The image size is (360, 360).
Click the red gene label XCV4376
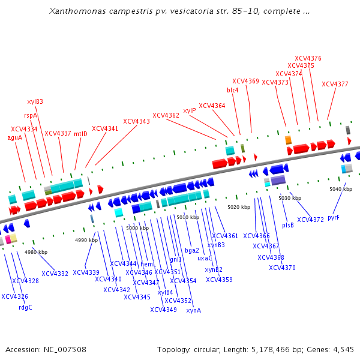coord(309,58)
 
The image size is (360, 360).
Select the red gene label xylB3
coord(35,101)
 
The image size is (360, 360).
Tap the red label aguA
coord(15,137)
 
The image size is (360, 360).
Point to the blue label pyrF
coord(334,217)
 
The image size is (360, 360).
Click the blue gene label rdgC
coord(25,308)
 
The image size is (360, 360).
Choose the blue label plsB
coord(288,225)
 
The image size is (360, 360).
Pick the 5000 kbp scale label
coord(137,228)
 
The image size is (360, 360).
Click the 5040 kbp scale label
coord(340,189)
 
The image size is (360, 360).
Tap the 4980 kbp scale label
coord(36,252)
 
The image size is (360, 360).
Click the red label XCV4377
coord(335,84)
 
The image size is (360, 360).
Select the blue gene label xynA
coord(194,310)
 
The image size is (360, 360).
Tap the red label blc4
coord(233,90)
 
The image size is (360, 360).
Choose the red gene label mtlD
coord(81,134)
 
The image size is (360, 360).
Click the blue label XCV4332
coord(55,274)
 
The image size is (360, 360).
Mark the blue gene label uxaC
coord(205,258)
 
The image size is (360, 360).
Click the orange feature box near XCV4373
coord(289,140)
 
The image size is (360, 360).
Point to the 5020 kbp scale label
coord(239,207)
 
